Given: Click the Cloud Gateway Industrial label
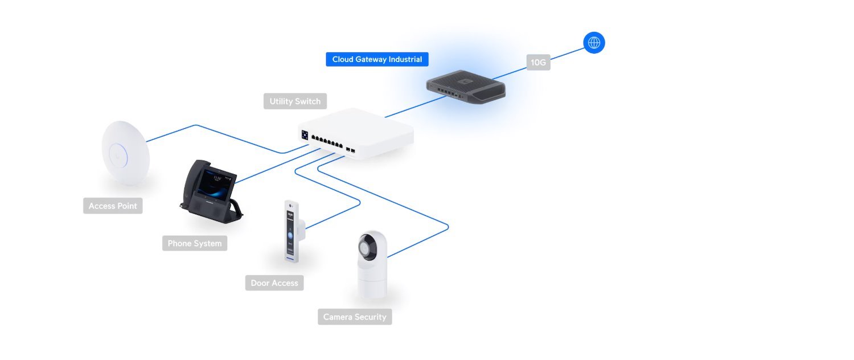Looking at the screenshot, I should point(377,59).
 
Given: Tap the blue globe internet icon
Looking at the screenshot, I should point(594,43).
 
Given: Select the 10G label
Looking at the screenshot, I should point(538,63).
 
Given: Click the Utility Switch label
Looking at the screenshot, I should point(295,101).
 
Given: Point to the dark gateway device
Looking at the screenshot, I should point(466,87).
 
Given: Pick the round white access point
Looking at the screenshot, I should point(125,153).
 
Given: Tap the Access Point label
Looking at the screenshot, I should point(113,206).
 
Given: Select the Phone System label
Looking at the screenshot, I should point(194,243).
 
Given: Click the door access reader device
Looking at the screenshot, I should point(292,231).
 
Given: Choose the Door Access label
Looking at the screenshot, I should point(274,283).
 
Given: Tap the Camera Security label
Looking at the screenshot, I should point(355,317).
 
